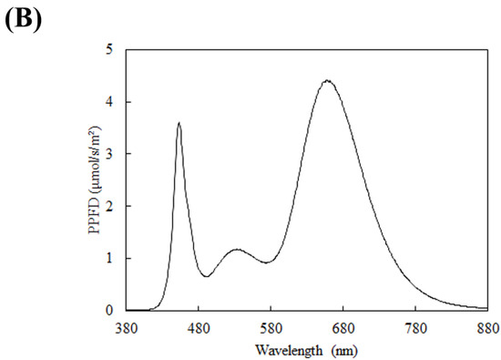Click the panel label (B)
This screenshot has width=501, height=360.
24,19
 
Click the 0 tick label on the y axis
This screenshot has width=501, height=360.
108,311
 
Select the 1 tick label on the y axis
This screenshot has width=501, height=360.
108,259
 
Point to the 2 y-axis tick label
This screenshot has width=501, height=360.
108,207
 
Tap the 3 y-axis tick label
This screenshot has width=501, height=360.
108,155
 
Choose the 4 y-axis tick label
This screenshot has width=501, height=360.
108,103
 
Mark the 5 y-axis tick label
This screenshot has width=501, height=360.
108,51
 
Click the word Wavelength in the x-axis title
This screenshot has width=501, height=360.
282,347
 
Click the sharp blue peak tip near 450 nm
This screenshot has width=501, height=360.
179,122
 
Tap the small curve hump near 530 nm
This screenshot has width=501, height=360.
236,249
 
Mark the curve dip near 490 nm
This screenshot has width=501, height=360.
208,276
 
